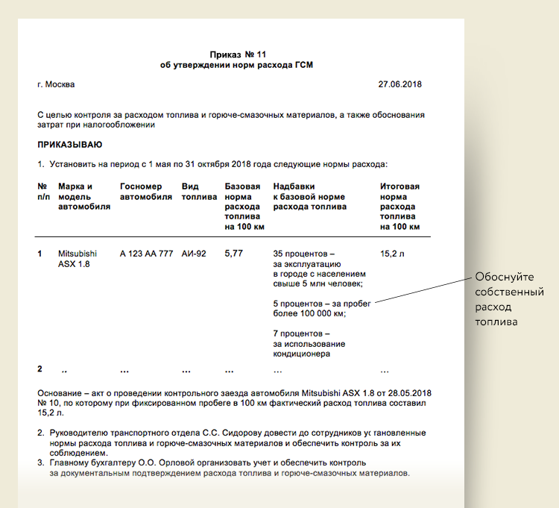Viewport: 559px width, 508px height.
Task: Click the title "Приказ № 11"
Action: tap(237, 54)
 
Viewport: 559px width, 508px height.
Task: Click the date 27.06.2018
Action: tap(399, 84)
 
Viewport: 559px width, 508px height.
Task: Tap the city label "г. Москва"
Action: tap(56, 84)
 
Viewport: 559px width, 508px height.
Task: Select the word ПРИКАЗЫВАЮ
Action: tap(70, 144)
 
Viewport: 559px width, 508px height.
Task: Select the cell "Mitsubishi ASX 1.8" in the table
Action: tap(78, 259)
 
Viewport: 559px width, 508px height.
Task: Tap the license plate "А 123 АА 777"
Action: tap(146, 254)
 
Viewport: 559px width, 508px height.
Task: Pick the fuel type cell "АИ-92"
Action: tap(195, 254)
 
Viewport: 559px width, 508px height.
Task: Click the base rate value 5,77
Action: tap(233, 254)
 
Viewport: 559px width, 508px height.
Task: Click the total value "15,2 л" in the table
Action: tap(391, 254)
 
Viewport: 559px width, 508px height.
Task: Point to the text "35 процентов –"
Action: tap(305, 254)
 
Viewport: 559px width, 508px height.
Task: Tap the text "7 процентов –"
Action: tap(302, 333)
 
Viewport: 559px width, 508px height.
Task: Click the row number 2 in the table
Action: tap(40, 369)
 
